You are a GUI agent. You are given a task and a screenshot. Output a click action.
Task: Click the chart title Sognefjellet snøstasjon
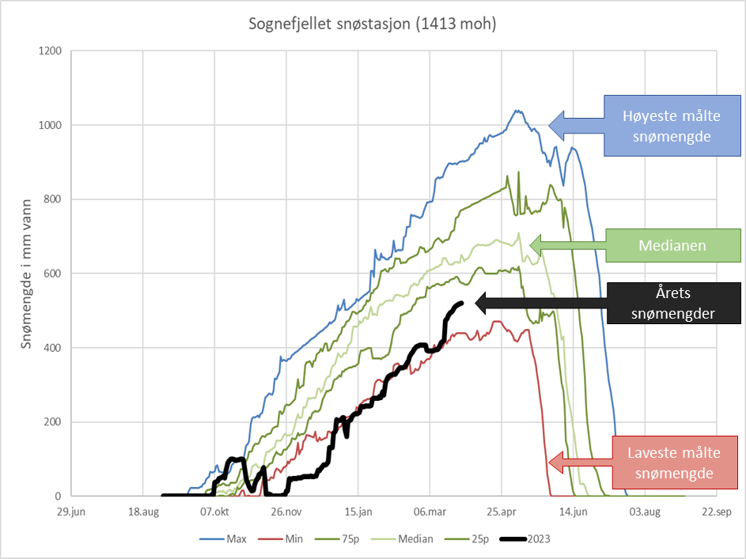click(372, 25)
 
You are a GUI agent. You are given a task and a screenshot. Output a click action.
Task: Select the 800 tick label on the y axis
click(53, 199)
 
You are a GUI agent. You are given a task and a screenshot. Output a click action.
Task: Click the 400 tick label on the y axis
click(53, 348)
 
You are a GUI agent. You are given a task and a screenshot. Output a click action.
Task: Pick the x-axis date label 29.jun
click(70, 511)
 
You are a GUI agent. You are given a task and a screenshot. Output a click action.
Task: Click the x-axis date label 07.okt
click(214, 511)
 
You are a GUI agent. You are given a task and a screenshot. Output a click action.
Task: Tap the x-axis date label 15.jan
click(358, 511)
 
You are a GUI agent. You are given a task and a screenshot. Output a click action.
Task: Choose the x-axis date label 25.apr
click(502, 511)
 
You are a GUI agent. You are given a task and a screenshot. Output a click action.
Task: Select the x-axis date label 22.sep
click(717, 511)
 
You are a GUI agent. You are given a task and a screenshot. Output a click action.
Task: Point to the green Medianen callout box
click(673, 246)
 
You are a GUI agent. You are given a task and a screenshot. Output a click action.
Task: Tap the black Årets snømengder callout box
click(673, 304)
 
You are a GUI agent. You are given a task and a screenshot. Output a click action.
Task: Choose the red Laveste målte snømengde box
click(673, 463)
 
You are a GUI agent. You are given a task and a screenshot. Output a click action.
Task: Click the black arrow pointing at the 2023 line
click(490, 302)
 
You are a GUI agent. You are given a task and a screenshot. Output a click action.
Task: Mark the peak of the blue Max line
click(517, 111)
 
